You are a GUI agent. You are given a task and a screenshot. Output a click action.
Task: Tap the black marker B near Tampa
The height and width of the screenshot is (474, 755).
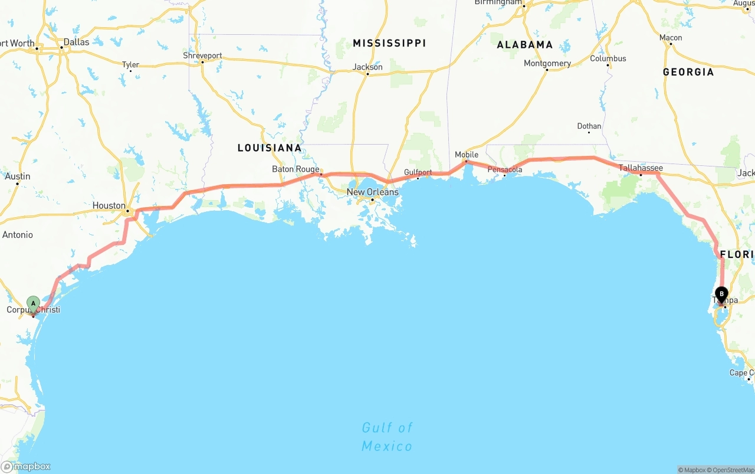coord(721,294)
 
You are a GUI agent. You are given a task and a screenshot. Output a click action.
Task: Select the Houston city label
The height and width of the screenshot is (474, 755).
coord(109,205)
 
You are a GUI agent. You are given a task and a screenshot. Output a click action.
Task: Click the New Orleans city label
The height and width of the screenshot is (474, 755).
coord(372,192)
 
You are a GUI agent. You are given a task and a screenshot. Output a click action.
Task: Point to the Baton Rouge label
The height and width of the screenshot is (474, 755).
coord(295,169)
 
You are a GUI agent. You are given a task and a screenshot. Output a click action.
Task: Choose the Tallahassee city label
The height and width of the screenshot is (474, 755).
coord(641,168)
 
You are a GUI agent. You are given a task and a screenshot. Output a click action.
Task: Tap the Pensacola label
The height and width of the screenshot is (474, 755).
coord(504,169)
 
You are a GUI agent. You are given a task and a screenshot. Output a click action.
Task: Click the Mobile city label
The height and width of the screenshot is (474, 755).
coord(467,155)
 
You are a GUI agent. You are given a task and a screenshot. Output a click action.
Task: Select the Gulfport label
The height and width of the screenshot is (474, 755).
coord(418,172)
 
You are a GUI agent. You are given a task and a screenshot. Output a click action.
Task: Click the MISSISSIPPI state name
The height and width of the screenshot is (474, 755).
coord(389,43)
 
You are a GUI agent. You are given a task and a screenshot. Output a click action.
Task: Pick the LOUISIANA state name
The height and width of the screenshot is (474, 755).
coord(270,148)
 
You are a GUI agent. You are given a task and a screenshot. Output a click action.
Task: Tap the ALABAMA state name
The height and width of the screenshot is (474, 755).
coord(524,45)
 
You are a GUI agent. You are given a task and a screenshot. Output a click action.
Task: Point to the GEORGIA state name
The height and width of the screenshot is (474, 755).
coord(688,72)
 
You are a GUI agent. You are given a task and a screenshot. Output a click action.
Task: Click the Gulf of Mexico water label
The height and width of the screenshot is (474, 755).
coord(387,437)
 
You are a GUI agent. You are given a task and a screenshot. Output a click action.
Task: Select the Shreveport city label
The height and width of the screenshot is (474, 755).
coord(202,55)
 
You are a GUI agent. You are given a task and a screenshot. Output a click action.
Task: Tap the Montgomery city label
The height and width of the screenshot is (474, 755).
coord(547,63)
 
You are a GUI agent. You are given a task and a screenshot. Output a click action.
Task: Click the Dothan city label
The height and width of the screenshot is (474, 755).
coord(589,126)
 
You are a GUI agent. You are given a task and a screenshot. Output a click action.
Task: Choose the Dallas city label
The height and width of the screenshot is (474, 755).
coord(76,42)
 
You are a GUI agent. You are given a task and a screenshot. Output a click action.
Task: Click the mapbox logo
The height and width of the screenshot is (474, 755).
coord(26,466)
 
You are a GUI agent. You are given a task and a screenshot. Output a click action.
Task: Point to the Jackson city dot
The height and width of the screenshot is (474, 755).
coord(367,74)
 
